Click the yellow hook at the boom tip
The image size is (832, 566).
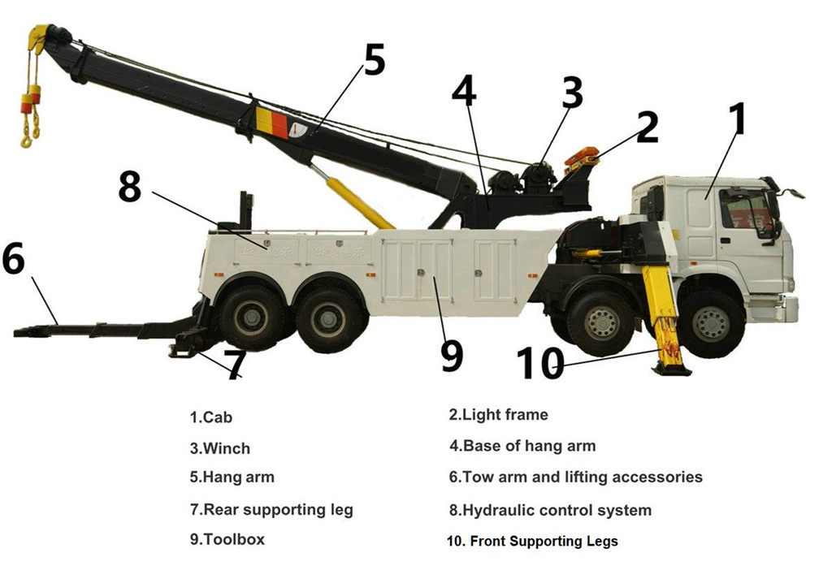[x=30, y=130]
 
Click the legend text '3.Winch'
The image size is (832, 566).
[x=220, y=448]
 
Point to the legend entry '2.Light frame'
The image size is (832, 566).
[x=498, y=415]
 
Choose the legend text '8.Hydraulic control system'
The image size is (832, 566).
[x=550, y=511]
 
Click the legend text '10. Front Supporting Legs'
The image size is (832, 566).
[x=532, y=541]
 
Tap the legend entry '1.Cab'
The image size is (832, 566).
[x=211, y=417]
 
